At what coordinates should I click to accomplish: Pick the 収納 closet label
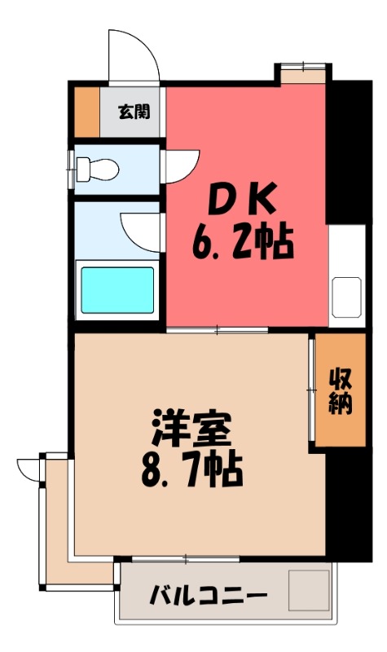click(341, 390)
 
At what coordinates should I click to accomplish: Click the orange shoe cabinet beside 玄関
click(87, 111)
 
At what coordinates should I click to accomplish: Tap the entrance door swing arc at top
click(134, 57)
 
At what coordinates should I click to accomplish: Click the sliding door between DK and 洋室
click(218, 328)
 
